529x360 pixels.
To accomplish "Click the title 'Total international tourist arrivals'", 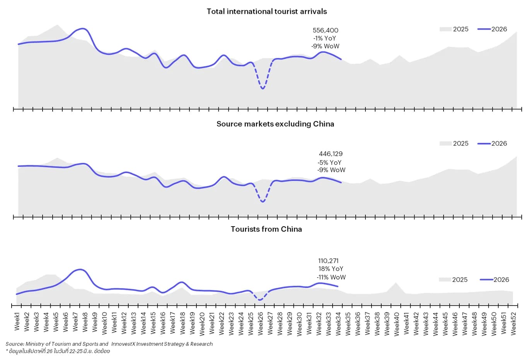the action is pos(266,11).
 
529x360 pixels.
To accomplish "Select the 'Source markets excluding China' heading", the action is pos(275,124).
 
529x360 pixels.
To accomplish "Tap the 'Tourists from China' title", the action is pos(266,229).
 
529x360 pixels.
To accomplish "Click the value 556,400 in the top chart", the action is pos(325,30).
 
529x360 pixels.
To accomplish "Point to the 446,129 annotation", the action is pos(331,154).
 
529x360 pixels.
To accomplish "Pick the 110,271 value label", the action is pos(328,261).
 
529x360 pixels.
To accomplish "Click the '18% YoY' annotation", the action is pos(331,269).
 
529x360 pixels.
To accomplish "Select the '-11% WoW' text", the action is pos(331,277).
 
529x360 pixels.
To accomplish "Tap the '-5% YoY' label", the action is pos(329,162).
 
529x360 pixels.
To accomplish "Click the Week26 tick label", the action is pos(260,323).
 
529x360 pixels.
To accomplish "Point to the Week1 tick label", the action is pos(17,321).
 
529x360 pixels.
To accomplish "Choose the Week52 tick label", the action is pos(513,323).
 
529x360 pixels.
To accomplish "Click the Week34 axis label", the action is pos(338,323).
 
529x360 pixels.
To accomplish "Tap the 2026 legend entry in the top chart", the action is pos(492,29).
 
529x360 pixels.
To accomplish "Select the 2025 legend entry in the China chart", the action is pos(453,280).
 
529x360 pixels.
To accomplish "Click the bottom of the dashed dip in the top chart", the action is pos(263,89).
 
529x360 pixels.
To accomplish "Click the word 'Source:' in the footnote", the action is pos(15,344).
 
